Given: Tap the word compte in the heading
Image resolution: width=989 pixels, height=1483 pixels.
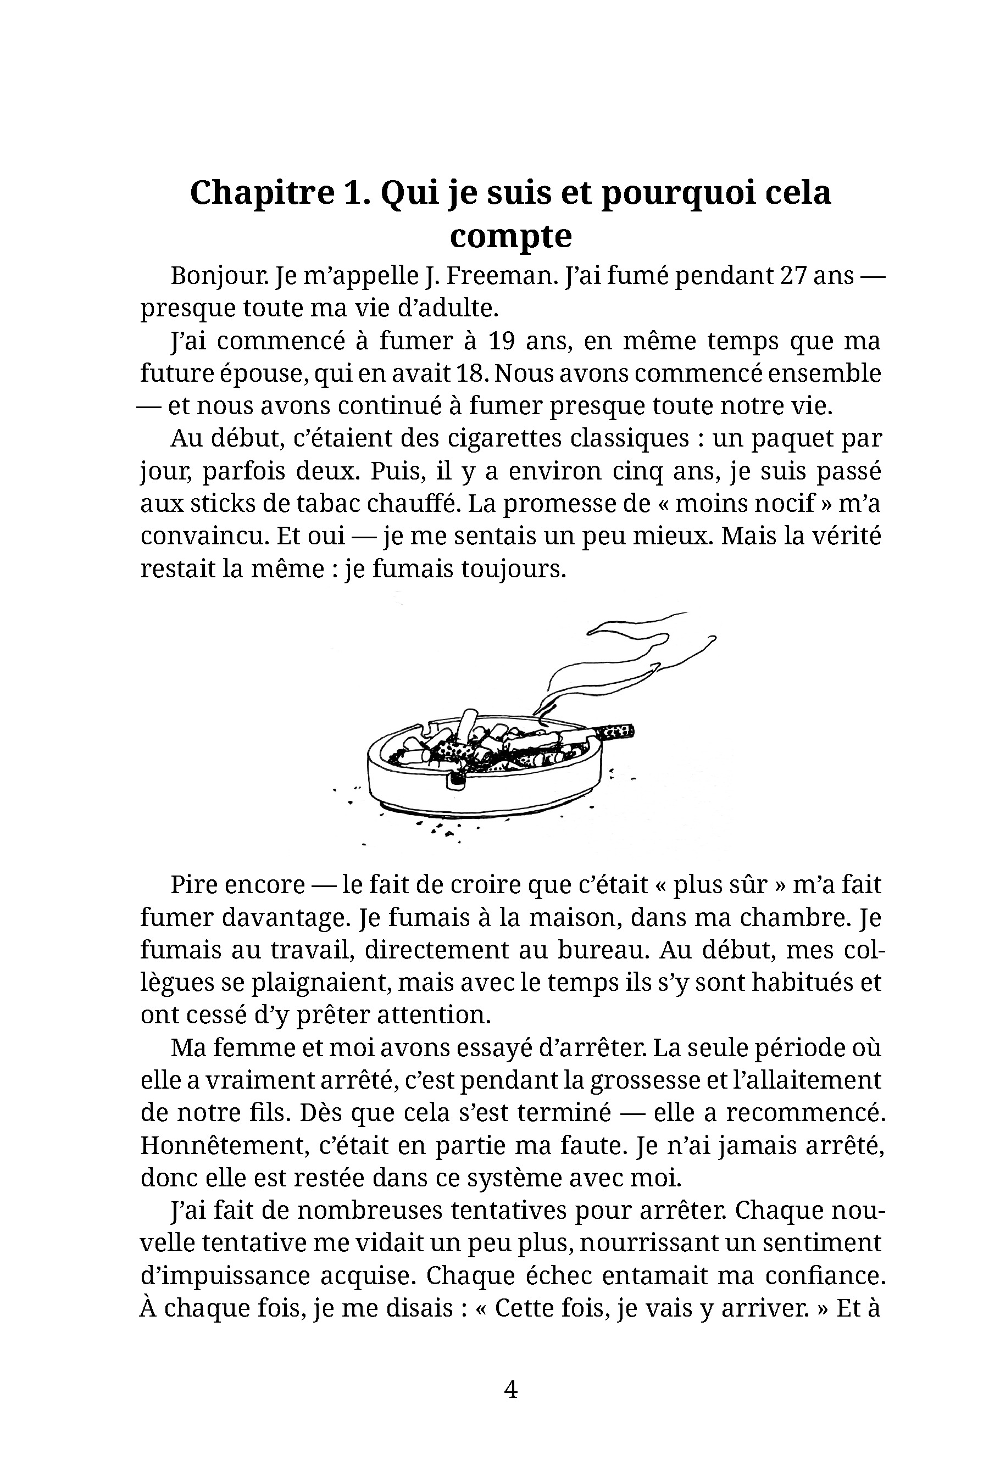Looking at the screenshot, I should (x=510, y=236).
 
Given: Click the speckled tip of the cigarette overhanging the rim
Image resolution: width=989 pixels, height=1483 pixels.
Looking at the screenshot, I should (x=615, y=732).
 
